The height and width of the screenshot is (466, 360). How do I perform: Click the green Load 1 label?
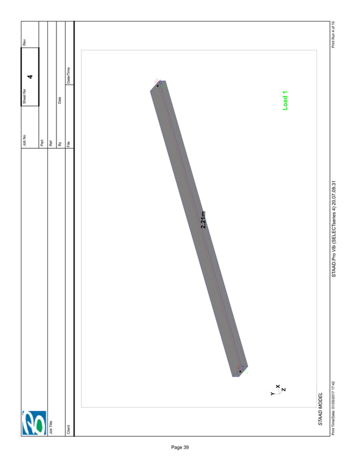(x=285, y=100)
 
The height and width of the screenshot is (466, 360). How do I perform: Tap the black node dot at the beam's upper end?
(x=157, y=86)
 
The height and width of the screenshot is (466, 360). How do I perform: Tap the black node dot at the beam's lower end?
(x=240, y=372)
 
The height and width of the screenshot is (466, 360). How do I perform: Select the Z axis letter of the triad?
(x=284, y=389)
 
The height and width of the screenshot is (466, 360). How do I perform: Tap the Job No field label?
(x=24, y=138)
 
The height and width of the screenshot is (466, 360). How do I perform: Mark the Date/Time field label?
(x=69, y=75)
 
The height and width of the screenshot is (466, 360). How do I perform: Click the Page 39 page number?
(x=180, y=447)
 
